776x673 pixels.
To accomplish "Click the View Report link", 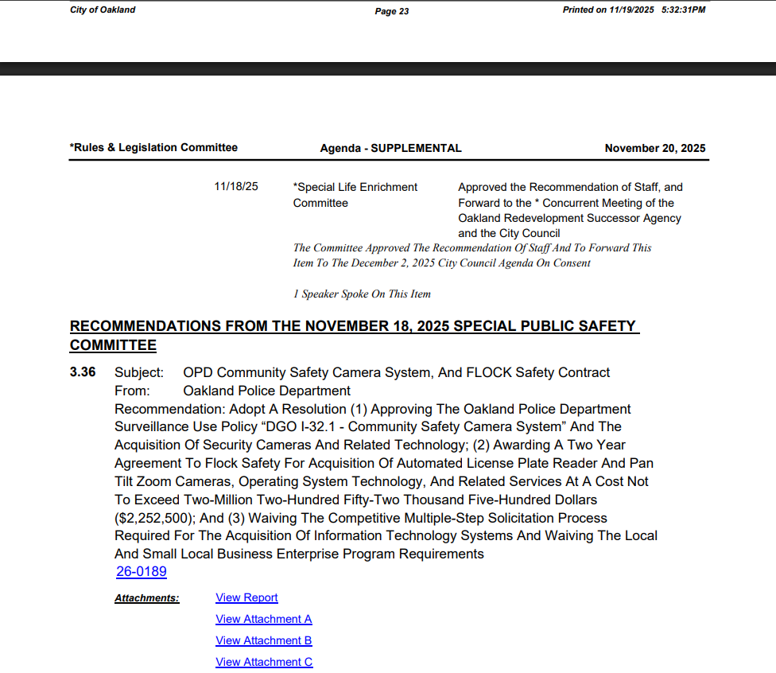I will [246, 597].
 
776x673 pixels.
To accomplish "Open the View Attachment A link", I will [263, 619].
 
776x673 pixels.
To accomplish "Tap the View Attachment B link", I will [263, 640].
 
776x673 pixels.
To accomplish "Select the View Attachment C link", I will [264, 662].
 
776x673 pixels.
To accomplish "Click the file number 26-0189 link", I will [142, 572].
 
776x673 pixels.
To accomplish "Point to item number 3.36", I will [83, 372].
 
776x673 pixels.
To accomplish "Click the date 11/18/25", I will [236, 187].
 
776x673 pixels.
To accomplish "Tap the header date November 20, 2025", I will [654, 148].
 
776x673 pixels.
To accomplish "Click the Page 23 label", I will [392, 11].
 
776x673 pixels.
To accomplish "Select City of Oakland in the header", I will [103, 10].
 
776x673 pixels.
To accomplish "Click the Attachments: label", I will [147, 598].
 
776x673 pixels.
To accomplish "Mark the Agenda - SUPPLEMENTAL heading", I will [390, 148].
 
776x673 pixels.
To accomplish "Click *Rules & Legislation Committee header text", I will [153, 147].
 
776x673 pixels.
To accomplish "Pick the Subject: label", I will [139, 372].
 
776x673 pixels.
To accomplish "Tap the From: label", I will [132, 391].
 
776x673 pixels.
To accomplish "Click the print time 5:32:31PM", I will [683, 10].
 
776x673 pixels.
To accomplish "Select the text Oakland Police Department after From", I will [266, 391].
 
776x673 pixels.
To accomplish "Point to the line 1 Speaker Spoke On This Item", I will [362, 294].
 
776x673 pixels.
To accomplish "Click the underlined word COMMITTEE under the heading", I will [113, 345].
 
